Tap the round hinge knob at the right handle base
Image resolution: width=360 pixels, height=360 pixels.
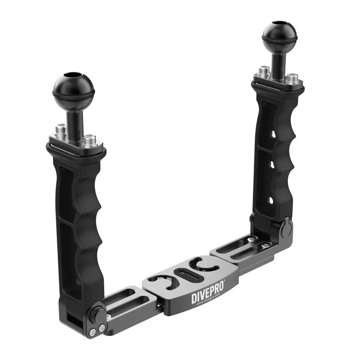tap(286, 230)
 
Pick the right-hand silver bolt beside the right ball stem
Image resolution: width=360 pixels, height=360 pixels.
tap(292, 77)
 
